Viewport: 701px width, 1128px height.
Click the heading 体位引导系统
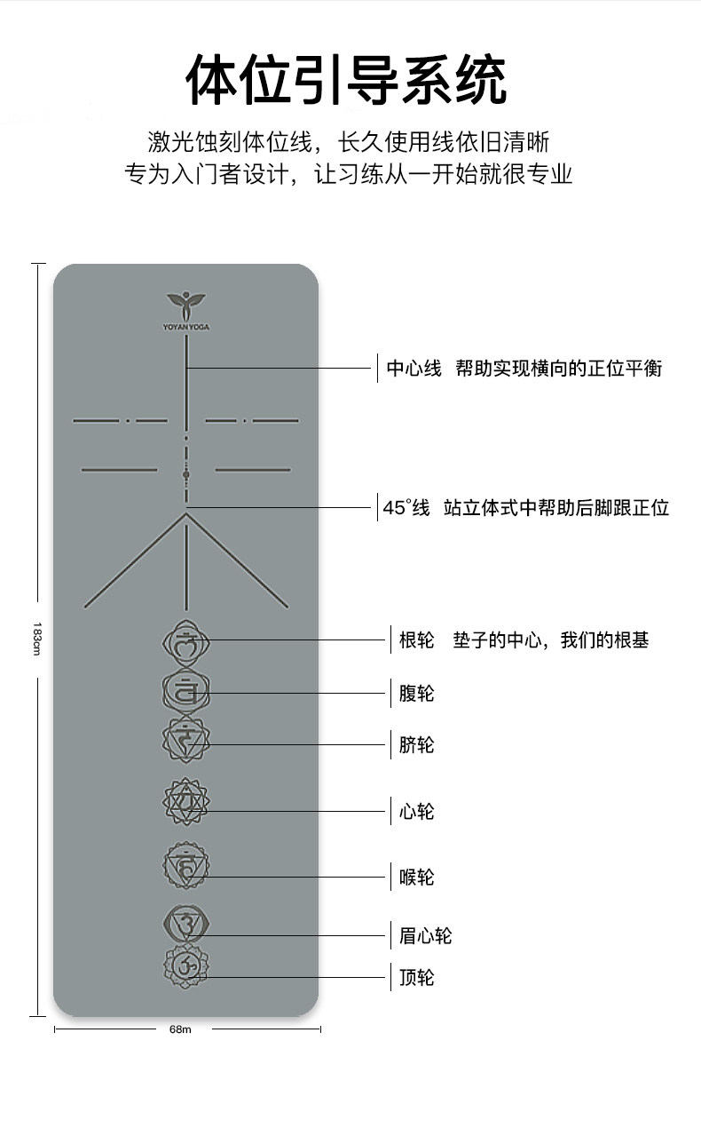346,80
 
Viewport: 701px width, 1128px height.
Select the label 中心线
414,369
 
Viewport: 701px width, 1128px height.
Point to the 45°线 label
406,508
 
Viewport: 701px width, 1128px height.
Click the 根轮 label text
416,640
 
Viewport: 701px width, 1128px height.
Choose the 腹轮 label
416,693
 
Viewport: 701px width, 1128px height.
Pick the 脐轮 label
416,744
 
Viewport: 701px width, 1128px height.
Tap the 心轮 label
416,811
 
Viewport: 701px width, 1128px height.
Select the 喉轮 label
416,878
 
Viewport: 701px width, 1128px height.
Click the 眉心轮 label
425,936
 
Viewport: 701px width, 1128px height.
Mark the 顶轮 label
416,978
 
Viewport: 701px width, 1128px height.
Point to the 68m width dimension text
180,1029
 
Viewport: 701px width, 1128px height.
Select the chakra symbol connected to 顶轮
185,966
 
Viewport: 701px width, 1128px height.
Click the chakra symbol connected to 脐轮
185,738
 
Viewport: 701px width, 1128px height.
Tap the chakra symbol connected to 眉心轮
185,925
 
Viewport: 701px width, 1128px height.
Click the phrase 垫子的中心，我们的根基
550,640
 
